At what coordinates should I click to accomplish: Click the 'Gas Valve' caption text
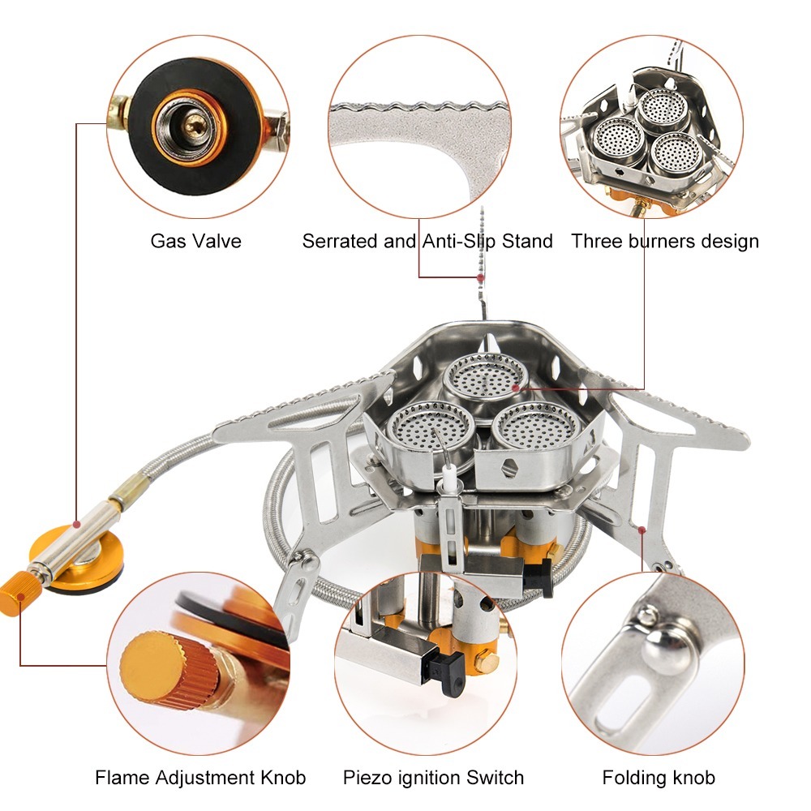(195, 241)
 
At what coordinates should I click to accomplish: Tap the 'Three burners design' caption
(664, 241)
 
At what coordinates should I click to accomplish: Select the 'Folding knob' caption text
(659, 778)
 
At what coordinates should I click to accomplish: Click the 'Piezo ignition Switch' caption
(433, 778)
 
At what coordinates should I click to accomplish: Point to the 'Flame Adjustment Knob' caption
(200, 778)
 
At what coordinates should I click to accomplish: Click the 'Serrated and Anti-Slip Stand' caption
(427, 241)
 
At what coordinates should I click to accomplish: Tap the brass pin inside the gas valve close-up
(193, 122)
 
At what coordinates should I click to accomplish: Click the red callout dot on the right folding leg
(642, 530)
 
